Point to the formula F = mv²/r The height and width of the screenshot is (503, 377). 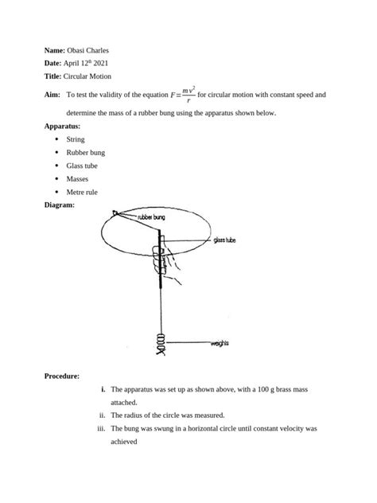click(x=178, y=95)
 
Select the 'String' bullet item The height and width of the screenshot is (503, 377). click(x=76, y=139)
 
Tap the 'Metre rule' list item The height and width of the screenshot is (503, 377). click(x=83, y=192)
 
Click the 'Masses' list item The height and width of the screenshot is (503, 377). click(x=77, y=179)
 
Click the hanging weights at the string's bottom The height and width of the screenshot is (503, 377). click(x=161, y=343)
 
